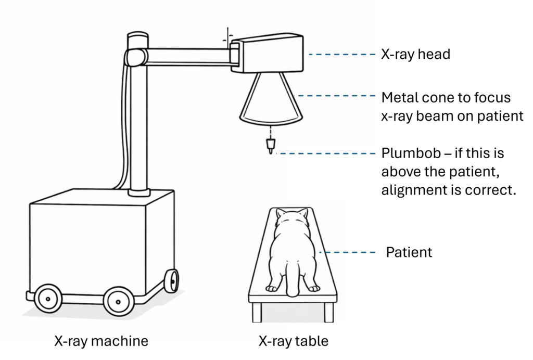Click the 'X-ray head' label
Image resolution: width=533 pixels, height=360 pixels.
[415, 54]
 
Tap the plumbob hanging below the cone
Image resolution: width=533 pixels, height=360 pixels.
[270, 145]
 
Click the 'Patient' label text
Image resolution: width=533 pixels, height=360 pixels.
[409, 252]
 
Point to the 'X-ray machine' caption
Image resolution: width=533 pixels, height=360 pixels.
[101, 341]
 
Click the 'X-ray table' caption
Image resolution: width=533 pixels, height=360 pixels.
[294, 341]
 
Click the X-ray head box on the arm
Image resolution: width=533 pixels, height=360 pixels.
[268, 54]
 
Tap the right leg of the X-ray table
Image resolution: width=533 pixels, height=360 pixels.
[328, 312]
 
